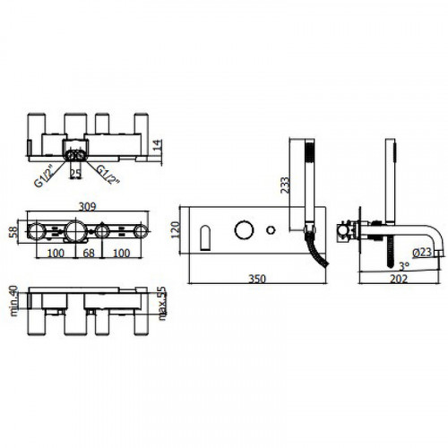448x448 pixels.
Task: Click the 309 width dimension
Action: (87, 206)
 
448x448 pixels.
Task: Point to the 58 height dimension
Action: (13, 232)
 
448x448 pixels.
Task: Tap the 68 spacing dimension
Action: (89, 254)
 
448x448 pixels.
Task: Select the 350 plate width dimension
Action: (257, 279)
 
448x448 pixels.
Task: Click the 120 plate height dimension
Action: (175, 229)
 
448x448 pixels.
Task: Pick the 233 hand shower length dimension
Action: (285, 185)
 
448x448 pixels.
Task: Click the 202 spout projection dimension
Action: (399, 279)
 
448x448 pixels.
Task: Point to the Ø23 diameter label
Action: (422, 253)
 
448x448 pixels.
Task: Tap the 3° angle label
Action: (405, 265)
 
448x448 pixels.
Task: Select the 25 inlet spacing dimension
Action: (75, 174)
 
